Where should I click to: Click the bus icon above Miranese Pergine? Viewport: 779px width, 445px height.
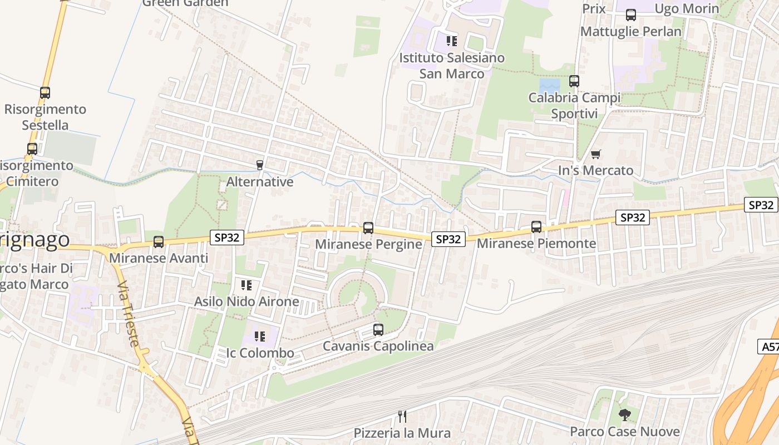368,228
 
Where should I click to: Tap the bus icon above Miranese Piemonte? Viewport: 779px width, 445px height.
536,226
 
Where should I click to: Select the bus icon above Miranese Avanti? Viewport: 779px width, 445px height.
159,242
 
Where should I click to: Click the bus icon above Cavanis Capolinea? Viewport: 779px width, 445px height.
378,329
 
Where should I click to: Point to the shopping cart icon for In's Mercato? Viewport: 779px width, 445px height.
596,154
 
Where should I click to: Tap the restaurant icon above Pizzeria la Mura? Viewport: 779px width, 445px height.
402,416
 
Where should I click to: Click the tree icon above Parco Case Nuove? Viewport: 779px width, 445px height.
625,414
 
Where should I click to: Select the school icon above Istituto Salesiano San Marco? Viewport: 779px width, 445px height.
452,41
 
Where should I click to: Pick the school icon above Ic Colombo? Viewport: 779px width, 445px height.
260,336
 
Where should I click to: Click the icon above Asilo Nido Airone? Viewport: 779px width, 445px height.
246,285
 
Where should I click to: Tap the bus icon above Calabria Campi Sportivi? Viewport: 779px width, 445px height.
574,81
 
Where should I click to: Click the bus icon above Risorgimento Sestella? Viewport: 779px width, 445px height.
45,92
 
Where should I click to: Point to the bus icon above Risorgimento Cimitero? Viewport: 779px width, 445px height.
32,149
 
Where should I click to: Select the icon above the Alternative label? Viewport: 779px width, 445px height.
259,165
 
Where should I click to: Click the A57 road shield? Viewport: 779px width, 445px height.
770,347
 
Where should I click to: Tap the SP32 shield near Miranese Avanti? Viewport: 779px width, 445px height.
227,238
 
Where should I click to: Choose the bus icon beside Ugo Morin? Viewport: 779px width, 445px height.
630,15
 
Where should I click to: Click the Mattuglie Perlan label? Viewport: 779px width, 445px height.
630,31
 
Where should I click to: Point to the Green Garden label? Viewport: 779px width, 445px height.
185,3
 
